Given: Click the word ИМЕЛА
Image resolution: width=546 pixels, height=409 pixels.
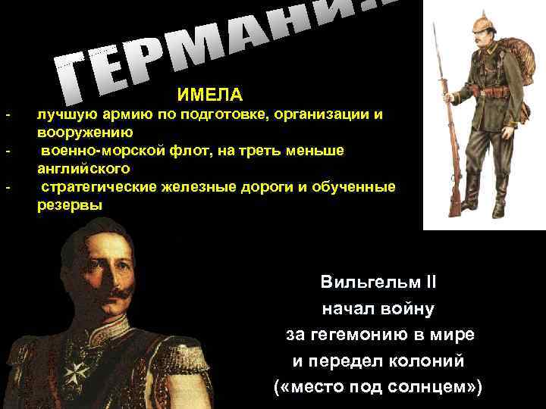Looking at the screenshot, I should click(x=210, y=95).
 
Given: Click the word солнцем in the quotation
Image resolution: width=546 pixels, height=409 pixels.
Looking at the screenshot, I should click(x=435, y=386).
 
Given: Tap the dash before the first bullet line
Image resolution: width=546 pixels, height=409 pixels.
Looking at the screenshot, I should click(x=7, y=115).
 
